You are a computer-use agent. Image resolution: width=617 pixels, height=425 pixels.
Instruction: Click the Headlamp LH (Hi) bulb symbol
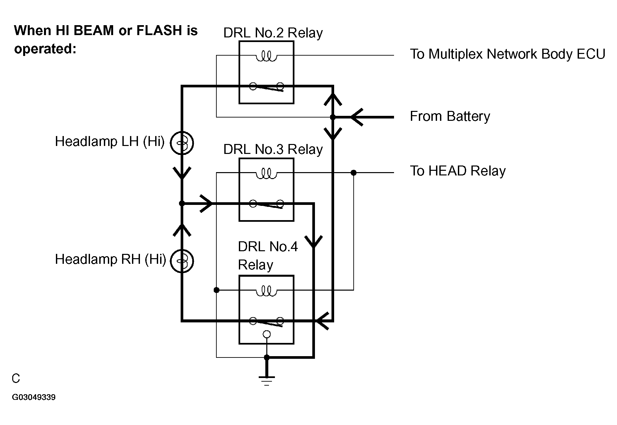182,143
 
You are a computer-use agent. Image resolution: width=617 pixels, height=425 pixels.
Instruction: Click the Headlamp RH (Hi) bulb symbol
182,261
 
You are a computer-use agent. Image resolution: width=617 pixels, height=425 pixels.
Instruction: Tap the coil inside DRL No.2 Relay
266,57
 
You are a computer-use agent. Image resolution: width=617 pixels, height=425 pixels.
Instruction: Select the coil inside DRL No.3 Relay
266,174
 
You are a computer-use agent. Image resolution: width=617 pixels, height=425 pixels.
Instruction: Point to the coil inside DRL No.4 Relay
266,291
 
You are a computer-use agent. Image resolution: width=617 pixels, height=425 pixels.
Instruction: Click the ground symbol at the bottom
267,380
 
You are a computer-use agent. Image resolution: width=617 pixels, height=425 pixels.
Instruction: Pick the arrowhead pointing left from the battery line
357,117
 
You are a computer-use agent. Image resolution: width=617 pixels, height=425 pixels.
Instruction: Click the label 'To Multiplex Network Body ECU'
507,54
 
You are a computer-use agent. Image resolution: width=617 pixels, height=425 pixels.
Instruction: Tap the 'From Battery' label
450,117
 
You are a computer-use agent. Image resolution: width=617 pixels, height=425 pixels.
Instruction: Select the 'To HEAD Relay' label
458,171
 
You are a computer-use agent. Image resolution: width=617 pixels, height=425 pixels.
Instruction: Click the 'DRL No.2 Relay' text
273,33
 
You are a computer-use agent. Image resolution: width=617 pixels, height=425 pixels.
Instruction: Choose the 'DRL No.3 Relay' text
273,149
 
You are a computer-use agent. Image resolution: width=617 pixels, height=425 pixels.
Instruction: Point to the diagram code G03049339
34,397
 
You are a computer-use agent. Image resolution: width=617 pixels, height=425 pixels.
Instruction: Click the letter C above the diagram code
16,379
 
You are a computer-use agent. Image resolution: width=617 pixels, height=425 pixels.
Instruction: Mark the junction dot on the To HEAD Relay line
354,172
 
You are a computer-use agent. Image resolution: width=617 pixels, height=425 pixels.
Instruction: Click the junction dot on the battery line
333,117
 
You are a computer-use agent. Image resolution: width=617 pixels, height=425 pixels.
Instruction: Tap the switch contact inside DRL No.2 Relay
267,87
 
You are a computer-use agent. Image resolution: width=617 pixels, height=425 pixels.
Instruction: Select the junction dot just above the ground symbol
267,357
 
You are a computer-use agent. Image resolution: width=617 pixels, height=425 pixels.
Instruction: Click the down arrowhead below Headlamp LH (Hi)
182,173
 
